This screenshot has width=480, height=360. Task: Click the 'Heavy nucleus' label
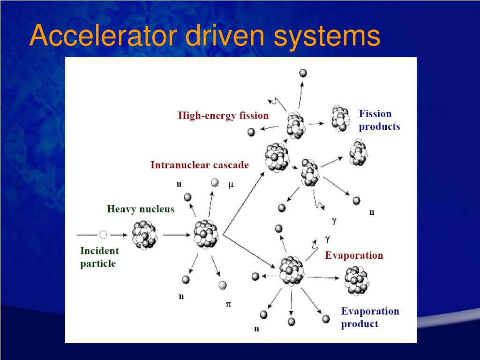pyautogui.click(x=140, y=209)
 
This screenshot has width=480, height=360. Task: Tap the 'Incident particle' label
pyautogui.click(x=99, y=257)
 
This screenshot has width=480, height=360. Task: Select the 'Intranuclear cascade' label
pyautogui.click(x=199, y=165)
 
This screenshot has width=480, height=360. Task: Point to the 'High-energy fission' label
pyautogui.click(x=223, y=115)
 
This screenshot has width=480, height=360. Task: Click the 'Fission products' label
pyautogui.click(x=379, y=120)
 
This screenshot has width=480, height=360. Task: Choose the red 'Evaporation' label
pyautogui.click(x=354, y=255)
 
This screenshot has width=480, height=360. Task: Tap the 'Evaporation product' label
pyautogui.click(x=369, y=317)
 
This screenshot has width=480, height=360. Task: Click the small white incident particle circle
pyautogui.click(x=104, y=234)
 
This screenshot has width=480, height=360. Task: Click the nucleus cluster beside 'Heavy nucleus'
pyautogui.click(x=144, y=235)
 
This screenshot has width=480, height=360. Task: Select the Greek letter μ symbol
pyautogui.click(x=231, y=185)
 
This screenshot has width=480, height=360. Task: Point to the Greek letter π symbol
pyautogui.click(x=229, y=304)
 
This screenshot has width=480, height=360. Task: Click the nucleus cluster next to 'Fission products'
pyautogui.click(x=341, y=118)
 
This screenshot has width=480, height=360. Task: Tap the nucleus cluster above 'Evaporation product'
pyautogui.click(x=357, y=280)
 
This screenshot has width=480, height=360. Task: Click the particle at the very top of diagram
pyautogui.click(x=303, y=73)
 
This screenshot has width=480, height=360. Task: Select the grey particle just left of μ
pyautogui.click(x=215, y=183)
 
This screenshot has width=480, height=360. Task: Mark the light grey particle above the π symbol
pyautogui.click(x=222, y=285)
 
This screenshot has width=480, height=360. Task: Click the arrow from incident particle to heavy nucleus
pyautogui.click(x=119, y=234)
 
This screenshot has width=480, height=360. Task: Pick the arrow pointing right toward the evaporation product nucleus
pyautogui.click(x=323, y=277)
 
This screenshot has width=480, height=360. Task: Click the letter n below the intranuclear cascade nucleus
pyautogui.click(x=181, y=296)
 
